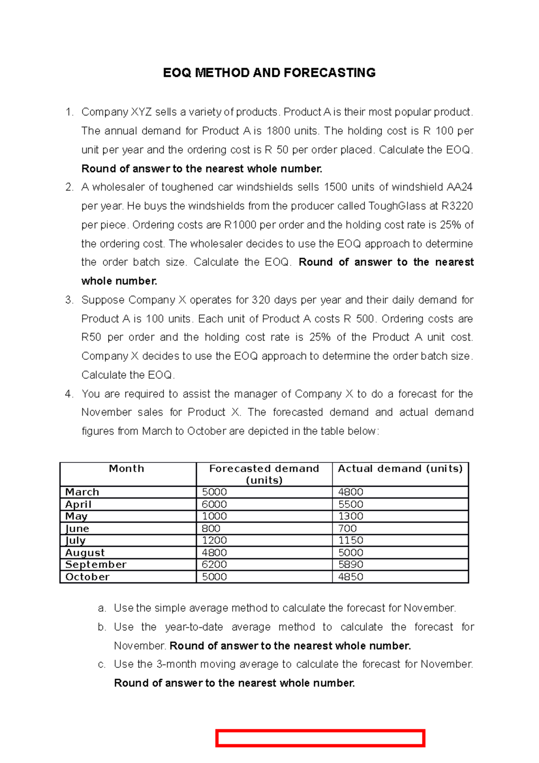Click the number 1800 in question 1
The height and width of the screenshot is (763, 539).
(x=278, y=131)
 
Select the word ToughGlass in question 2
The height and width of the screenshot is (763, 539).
(x=397, y=206)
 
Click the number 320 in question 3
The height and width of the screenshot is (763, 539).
(x=261, y=300)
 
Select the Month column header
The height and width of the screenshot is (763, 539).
(x=127, y=469)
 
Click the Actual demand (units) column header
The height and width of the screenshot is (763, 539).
(x=400, y=469)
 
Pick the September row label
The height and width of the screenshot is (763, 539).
(x=96, y=564)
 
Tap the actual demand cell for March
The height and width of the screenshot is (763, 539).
(x=351, y=492)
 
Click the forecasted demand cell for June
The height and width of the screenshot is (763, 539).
(x=211, y=528)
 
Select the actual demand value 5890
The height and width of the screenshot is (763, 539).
(x=351, y=564)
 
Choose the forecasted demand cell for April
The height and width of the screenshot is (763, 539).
(x=214, y=504)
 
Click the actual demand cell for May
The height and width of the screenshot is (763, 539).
(x=351, y=516)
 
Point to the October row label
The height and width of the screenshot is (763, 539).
(x=87, y=577)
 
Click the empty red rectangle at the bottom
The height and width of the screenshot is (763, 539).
(x=320, y=738)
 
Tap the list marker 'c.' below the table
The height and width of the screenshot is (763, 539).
(x=102, y=664)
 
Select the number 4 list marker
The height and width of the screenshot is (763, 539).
(x=69, y=394)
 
